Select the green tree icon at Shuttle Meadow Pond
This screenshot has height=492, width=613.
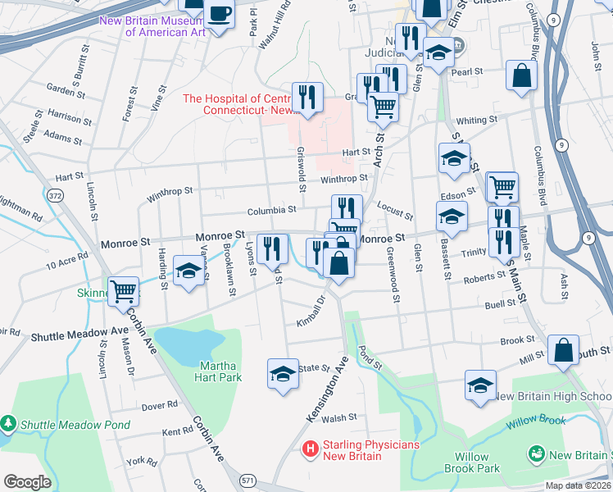(9, 424)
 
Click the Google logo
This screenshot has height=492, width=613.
(27, 482)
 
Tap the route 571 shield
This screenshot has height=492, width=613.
(247, 479)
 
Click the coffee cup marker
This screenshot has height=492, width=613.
(219, 15)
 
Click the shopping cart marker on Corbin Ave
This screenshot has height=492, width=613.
(123, 290)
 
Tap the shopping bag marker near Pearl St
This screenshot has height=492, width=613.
(521, 75)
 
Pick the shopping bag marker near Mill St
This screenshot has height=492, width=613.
(564, 349)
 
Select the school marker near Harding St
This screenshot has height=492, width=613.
(189, 272)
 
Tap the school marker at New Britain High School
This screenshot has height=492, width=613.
(480, 384)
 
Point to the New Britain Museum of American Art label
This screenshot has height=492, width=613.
(152, 26)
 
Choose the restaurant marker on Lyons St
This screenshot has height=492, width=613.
(272, 248)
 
